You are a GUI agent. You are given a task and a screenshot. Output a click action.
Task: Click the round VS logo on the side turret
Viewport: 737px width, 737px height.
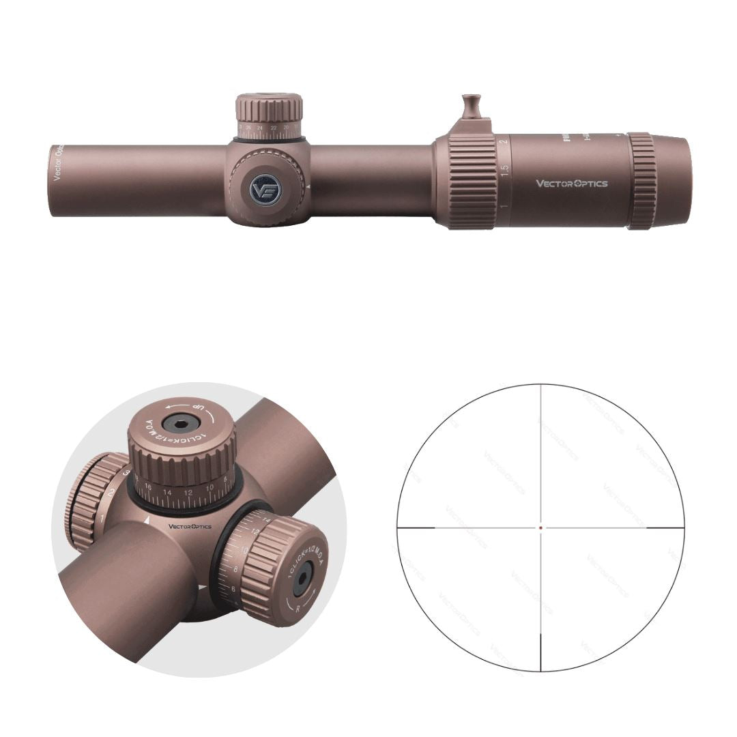(265, 189)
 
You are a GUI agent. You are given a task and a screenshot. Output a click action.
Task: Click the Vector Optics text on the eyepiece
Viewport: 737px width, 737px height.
(571, 183)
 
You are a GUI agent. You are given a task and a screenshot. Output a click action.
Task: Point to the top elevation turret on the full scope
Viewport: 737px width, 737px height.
(270, 116)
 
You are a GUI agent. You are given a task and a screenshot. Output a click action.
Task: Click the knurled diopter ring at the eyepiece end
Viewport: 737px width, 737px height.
(641, 181)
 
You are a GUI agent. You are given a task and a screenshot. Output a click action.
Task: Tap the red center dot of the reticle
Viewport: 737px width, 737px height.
(540, 528)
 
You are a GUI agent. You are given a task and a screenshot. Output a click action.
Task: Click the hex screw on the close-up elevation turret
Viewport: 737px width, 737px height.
(179, 425)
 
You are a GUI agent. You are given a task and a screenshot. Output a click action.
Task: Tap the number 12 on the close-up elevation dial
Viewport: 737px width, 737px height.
(188, 492)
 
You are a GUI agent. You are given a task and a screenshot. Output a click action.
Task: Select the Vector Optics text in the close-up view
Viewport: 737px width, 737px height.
(190, 527)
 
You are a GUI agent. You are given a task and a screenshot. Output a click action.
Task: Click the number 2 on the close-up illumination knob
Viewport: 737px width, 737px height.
(111, 492)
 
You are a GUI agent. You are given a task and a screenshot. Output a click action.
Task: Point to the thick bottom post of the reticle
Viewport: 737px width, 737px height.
(540, 652)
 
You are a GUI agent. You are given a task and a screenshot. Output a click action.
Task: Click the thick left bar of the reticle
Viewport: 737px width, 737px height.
(416, 528)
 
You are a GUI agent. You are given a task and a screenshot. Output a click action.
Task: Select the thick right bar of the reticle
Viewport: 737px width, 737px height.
(665, 528)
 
